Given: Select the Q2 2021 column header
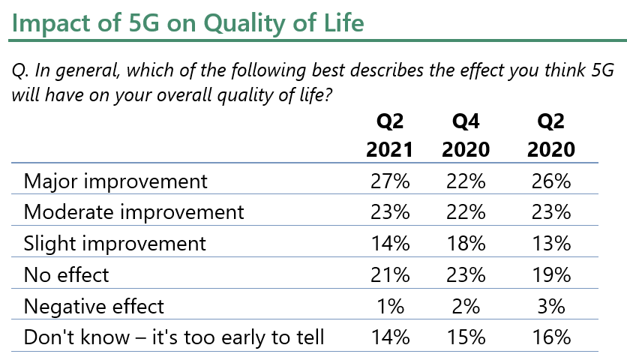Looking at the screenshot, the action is click(x=390, y=136).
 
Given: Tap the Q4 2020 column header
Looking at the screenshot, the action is click(x=466, y=136).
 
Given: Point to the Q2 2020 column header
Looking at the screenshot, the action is click(x=551, y=136).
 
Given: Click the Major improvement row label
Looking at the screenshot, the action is click(x=115, y=182).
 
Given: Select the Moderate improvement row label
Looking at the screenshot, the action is click(x=134, y=212).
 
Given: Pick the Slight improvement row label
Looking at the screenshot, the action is click(x=115, y=244).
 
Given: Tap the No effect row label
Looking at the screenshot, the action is click(x=67, y=275).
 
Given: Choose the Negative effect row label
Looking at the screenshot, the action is click(x=94, y=307).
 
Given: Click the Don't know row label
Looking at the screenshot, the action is click(x=174, y=337).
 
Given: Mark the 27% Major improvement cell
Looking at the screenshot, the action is click(x=390, y=181).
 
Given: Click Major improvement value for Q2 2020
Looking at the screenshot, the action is click(x=551, y=181).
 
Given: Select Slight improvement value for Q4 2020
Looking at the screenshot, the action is click(x=466, y=244).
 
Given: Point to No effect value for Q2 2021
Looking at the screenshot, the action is click(x=390, y=275).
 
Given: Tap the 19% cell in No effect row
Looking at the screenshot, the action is click(x=551, y=275).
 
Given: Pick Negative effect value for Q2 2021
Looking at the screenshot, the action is click(x=391, y=307).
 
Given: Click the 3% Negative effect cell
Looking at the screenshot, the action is click(x=551, y=307).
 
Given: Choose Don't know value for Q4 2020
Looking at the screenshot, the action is click(x=466, y=337).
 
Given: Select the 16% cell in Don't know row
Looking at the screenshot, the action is click(x=551, y=337).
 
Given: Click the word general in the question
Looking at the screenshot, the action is click(x=88, y=71).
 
